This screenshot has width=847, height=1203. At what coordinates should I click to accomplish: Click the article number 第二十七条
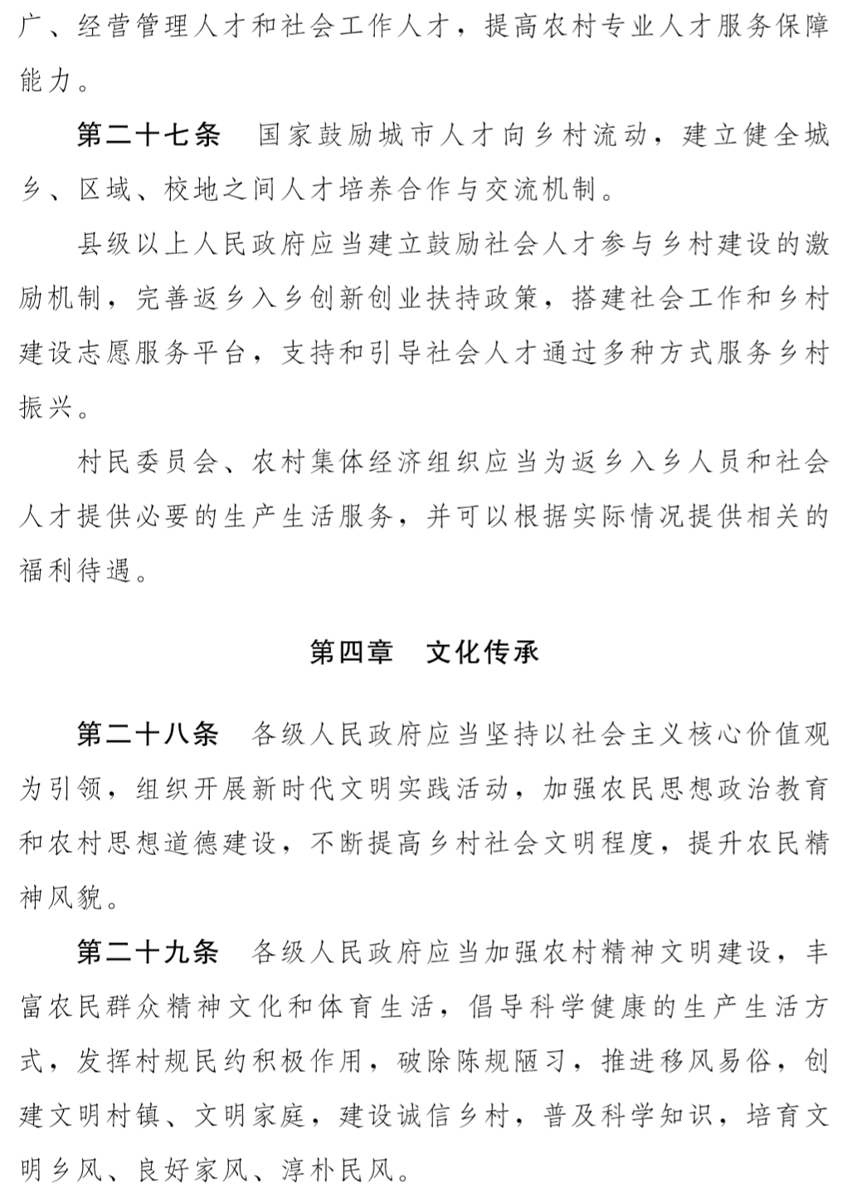[148, 135]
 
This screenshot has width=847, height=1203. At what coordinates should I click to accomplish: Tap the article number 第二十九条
[148, 952]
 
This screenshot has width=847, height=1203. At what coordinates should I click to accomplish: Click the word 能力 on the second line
[48, 81]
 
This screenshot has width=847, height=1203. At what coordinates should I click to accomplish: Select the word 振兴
[48, 408]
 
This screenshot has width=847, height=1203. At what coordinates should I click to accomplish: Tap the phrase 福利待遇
[77, 572]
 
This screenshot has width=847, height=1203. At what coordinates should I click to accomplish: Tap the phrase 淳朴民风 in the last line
[338, 1171]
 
